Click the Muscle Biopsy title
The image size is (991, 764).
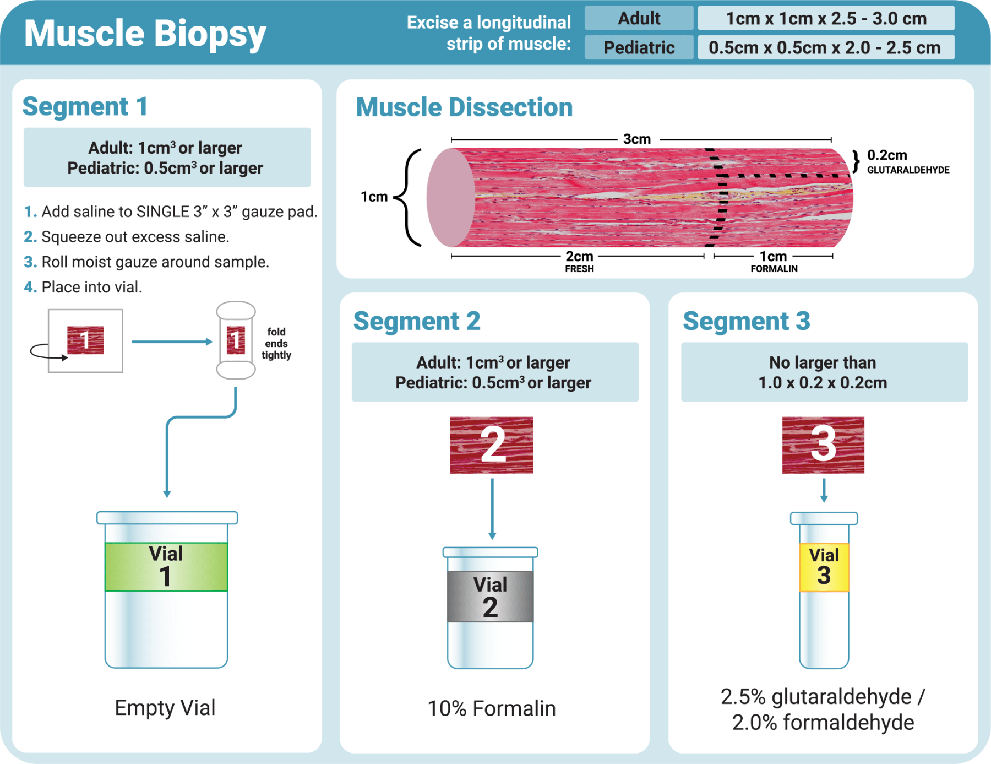[x=145, y=33]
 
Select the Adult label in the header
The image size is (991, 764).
[x=639, y=18]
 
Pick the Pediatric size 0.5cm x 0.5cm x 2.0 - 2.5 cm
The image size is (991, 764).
[x=825, y=48]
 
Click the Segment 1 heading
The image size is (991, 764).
[x=85, y=106]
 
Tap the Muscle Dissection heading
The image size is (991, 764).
[x=464, y=107]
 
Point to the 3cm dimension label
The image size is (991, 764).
[x=637, y=139]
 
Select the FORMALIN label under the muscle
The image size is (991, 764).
[x=774, y=269]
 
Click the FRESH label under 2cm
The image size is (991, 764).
[x=579, y=269]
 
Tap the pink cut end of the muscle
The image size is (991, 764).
[x=450, y=198]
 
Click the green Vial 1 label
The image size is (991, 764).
[x=166, y=566]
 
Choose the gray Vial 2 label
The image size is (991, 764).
[x=490, y=597]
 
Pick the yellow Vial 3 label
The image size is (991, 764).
[x=824, y=567]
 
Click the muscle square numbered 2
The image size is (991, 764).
[x=491, y=445]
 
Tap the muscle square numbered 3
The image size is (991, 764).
[x=823, y=445]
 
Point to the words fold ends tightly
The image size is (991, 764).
[x=276, y=343]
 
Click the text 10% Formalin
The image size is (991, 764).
[x=491, y=708]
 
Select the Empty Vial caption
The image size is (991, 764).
[x=165, y=708]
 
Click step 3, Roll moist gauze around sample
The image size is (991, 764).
[x=155, y=262]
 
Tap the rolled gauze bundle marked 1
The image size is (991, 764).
[x=236, y=340]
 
